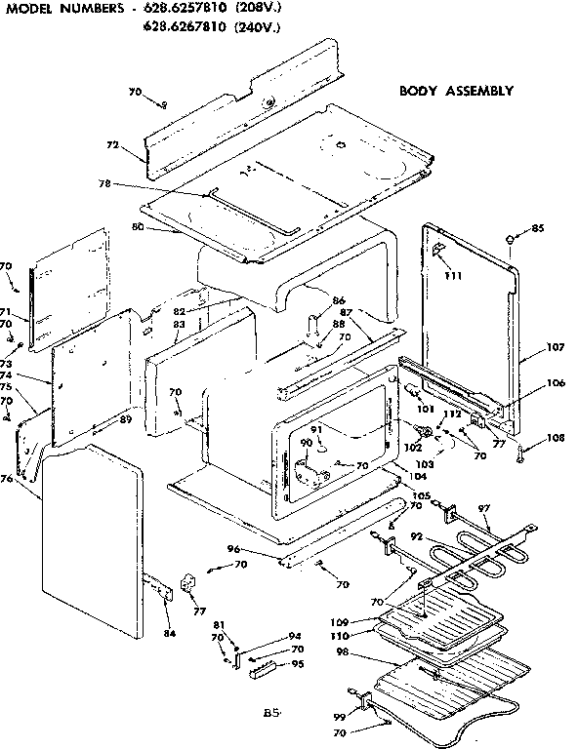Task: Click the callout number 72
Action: (x=113, y=144)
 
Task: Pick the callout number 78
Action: (x=105, y=183)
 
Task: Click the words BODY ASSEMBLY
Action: (x=455, y=91)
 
